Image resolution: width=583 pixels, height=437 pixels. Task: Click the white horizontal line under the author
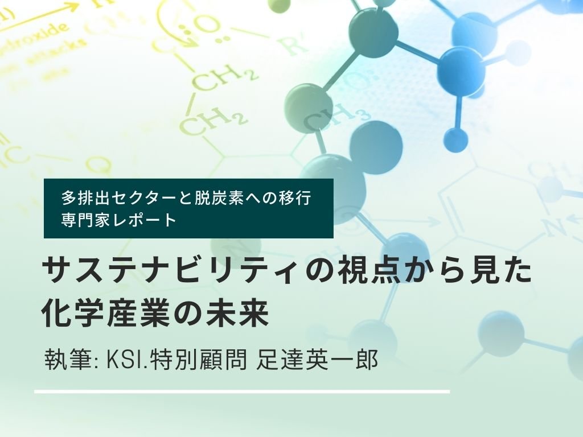click(x=242, y=391)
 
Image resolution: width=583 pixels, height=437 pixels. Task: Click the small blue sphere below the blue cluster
click(x=455, y=138)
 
